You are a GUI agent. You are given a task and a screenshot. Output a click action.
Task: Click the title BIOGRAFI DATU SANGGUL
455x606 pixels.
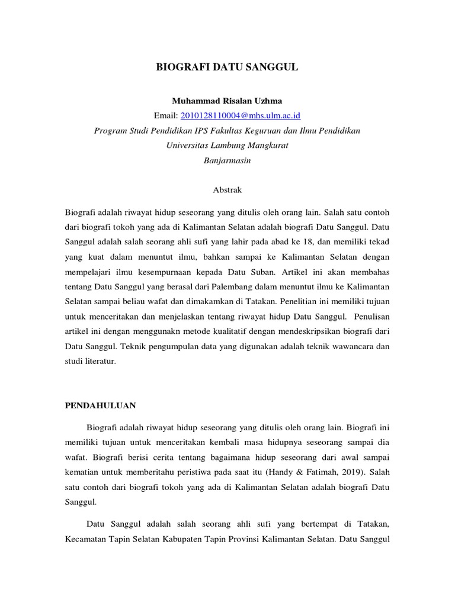(x=227, y=68)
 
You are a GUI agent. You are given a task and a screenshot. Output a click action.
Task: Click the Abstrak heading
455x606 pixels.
(x=227, y=190)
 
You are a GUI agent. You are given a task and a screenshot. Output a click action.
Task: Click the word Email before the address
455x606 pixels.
(x=164, y=115)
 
